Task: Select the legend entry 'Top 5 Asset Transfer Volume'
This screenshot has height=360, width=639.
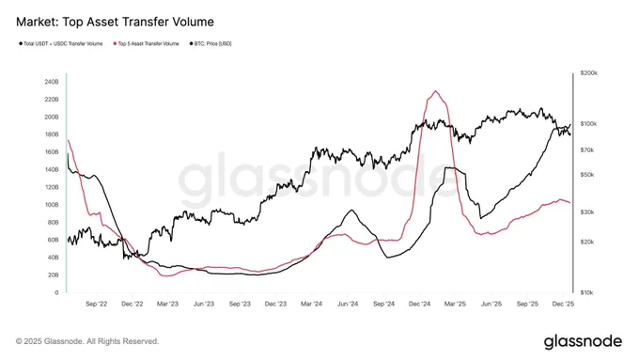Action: (x=148, y=43)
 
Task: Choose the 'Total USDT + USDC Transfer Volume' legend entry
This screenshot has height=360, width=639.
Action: (x=63, y=43)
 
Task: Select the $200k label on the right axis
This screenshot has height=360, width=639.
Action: (x=589, y=72)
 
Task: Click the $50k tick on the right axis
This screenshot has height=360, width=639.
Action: (x=587, y=174)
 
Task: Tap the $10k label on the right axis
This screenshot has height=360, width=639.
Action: (x=587, y=292)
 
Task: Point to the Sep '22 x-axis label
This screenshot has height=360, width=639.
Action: (x=97, y=305)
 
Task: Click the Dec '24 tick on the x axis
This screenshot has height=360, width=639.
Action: (x=420, y=305)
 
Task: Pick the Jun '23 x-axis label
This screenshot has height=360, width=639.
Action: (x=204, y=305)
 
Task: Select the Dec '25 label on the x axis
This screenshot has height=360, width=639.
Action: (x=564, y=305)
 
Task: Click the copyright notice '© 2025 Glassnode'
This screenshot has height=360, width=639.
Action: (x=87, y=341)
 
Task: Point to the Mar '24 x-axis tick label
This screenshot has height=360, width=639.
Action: (x=312, y=305)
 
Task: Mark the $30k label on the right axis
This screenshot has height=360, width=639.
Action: (x=587, y=212)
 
